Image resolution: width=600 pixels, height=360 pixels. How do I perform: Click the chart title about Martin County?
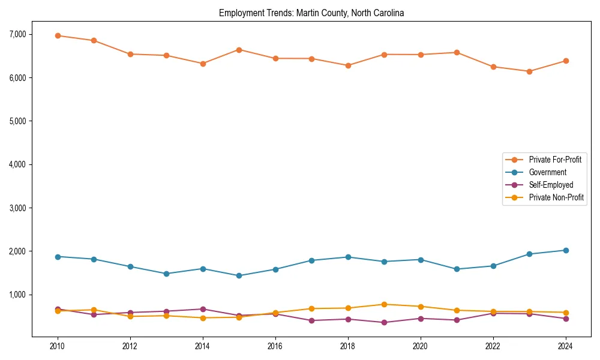click(x=311, y=13)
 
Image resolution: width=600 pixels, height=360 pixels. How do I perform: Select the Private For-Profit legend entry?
click(x=555, y=160)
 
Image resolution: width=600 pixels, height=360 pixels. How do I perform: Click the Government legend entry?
click(x=547, y=172)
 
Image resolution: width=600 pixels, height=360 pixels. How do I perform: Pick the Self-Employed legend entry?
click(x=551, y=185)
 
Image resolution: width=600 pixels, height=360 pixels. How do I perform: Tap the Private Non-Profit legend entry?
click(x=556, y=197)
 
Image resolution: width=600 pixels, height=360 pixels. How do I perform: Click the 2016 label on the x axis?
click(x=275, y=346)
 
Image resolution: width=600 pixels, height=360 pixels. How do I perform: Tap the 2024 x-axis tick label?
click(x=565, y=346)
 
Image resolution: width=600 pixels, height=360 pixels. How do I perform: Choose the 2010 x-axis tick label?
click(x=58, y=346)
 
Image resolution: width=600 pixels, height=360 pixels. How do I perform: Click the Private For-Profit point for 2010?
click(x=58, y=35)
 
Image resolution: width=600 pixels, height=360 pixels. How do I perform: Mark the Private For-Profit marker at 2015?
click(x=239, y=50)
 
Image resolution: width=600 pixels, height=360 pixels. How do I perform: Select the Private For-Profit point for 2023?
click(x=529, y=71)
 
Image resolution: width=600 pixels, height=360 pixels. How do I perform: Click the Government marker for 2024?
click(x=565, y=250)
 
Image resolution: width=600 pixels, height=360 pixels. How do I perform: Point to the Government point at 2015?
click(x=239, y=276)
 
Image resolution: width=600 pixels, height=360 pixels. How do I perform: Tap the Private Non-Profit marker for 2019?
click(x=384, y=304)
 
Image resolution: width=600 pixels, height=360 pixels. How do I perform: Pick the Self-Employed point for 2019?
click(x=384, y=322)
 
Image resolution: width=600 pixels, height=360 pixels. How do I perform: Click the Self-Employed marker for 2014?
click(x=203, y=309)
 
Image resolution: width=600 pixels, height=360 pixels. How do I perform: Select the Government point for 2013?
click(x=166, y=274)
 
